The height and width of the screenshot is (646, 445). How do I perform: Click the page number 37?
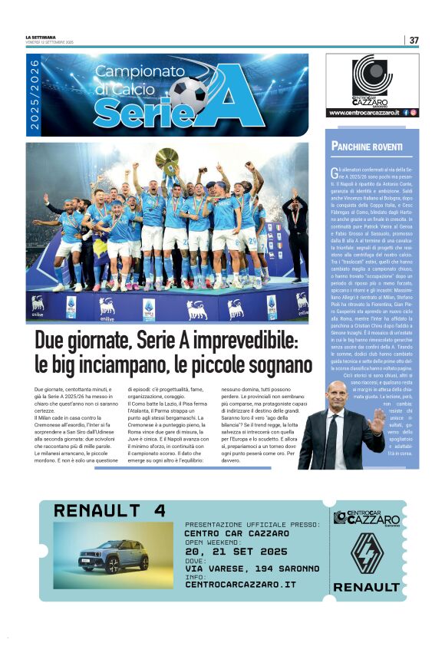414,40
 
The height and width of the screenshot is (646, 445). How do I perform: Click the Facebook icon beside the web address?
406,113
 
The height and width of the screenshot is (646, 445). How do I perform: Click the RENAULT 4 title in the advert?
109,511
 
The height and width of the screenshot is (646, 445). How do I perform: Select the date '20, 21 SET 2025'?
236,550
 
